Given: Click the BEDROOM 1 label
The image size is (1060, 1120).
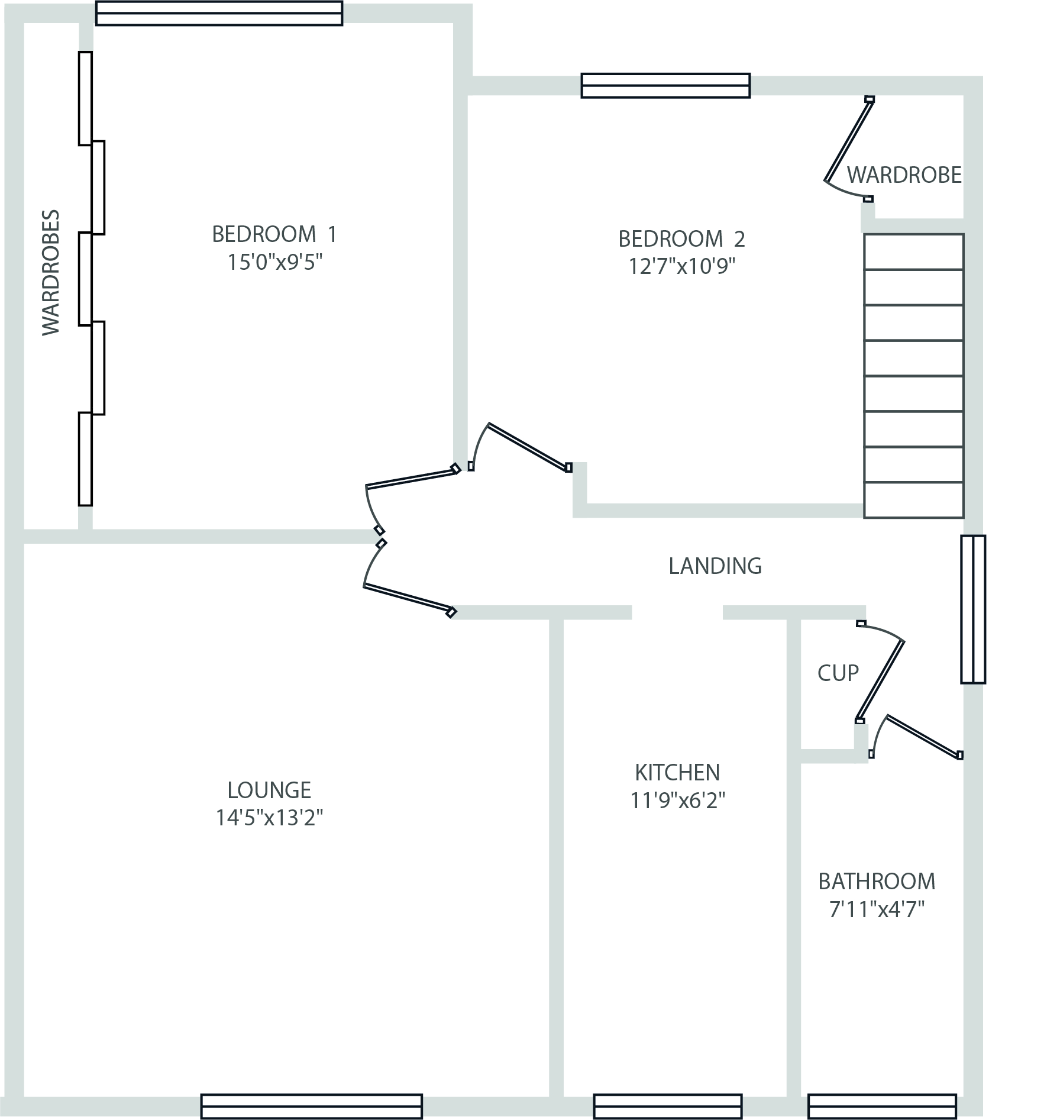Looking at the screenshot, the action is pyautogui.click(x=274, y=234).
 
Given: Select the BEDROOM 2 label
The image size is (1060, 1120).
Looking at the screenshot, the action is pyautogui.click(x=681, y=239).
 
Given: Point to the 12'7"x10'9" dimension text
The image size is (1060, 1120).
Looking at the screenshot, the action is pyautogui.click(x=681, y=266).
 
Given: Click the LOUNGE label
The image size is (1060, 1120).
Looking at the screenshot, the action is pyautogui.click(x=269, y=790).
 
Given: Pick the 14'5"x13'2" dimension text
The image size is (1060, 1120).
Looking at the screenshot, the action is pyautogui.click(x=269, y=818).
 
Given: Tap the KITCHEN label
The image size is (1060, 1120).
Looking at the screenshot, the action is pyautogui.click(x=677, y=772).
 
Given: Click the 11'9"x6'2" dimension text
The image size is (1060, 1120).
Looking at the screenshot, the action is pyautogui.click(x=677, y=800).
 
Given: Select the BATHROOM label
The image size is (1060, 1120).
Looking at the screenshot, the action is pyautogui.click(x=877, y=882).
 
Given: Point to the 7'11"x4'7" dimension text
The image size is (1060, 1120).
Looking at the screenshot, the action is pyautogui.click(x=877, y=909).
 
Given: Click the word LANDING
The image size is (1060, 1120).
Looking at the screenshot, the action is pyautogui.click(x=715, y=566).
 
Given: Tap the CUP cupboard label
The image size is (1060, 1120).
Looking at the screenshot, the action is pyautogui.click(x=838, y=673).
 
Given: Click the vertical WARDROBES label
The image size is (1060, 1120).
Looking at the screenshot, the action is pyautogui.click(x=51, y=272).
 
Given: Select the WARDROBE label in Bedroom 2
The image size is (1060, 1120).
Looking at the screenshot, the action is pyautogui.click(x=904, y=175).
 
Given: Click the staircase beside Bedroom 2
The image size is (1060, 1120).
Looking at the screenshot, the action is pyautogui.click(x=914, y=376).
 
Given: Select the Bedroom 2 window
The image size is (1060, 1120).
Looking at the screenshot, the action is pyautogui.click(x=665, y=85).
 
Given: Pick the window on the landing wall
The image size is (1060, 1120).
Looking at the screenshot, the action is pyautogui.click(x=973, y=609).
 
